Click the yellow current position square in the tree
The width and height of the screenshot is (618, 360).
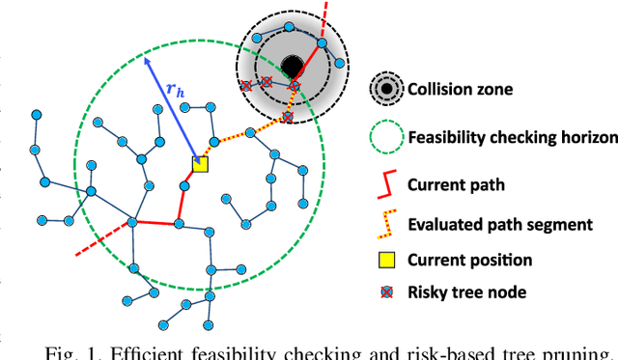point(199,165)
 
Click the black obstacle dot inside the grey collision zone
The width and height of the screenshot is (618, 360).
point(292,66)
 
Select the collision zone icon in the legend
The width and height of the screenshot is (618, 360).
point(386,90)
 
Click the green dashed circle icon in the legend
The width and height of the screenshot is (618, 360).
point(386,137)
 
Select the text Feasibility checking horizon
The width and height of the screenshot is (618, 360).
point(513,138)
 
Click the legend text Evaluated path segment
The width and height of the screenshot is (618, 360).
point(499,224)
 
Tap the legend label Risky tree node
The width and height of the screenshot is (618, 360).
point(464,294)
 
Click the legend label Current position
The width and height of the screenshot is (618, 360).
point(470,260)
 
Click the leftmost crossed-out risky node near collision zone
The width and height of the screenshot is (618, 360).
point(245,85)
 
